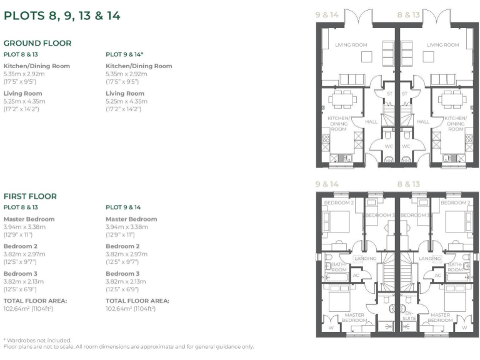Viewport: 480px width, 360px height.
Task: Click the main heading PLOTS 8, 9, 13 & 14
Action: tap(62, 16)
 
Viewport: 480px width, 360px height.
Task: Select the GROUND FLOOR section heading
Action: tap(37, 43)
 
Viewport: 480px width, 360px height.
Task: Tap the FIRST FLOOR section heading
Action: tap(30, 196)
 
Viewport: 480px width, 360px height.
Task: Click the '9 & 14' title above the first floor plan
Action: tap(326, 184)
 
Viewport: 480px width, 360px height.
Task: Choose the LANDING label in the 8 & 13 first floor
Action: tap(430, 259)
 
